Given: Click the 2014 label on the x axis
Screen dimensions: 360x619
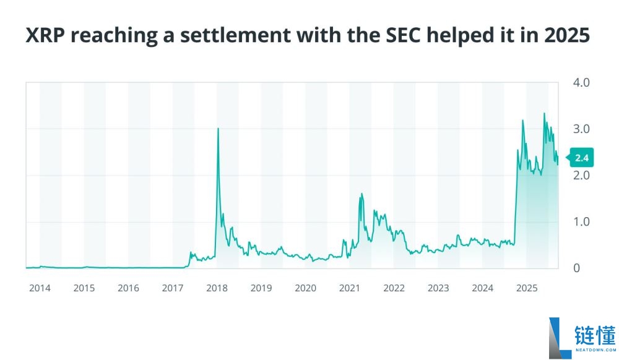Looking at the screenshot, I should click(x=40, y=288).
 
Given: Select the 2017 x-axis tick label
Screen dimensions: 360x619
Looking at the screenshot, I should click(x=173, y=288).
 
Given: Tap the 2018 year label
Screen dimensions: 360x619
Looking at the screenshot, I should click(x=217, y=288).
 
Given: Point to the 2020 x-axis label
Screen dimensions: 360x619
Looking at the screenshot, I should click(x=305, y=288).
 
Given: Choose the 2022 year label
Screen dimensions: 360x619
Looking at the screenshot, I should click(x=394, y=288).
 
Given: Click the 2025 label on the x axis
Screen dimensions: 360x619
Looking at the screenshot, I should click(x=527, y=288).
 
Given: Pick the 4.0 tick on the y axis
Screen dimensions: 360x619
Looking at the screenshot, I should click(x=582, y=82).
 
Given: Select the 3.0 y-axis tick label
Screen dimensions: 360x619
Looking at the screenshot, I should click(x=582, y=129).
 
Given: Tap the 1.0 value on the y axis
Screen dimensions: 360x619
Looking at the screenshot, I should click(x=582, y=221).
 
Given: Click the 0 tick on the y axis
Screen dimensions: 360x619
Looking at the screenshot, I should click(x=578, y=268).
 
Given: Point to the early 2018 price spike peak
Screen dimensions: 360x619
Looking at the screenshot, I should click(x=218, y=129).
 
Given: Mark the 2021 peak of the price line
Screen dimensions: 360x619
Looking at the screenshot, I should click(x=361, y=194).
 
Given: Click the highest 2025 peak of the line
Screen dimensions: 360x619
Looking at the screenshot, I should click(x=544, y=114).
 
